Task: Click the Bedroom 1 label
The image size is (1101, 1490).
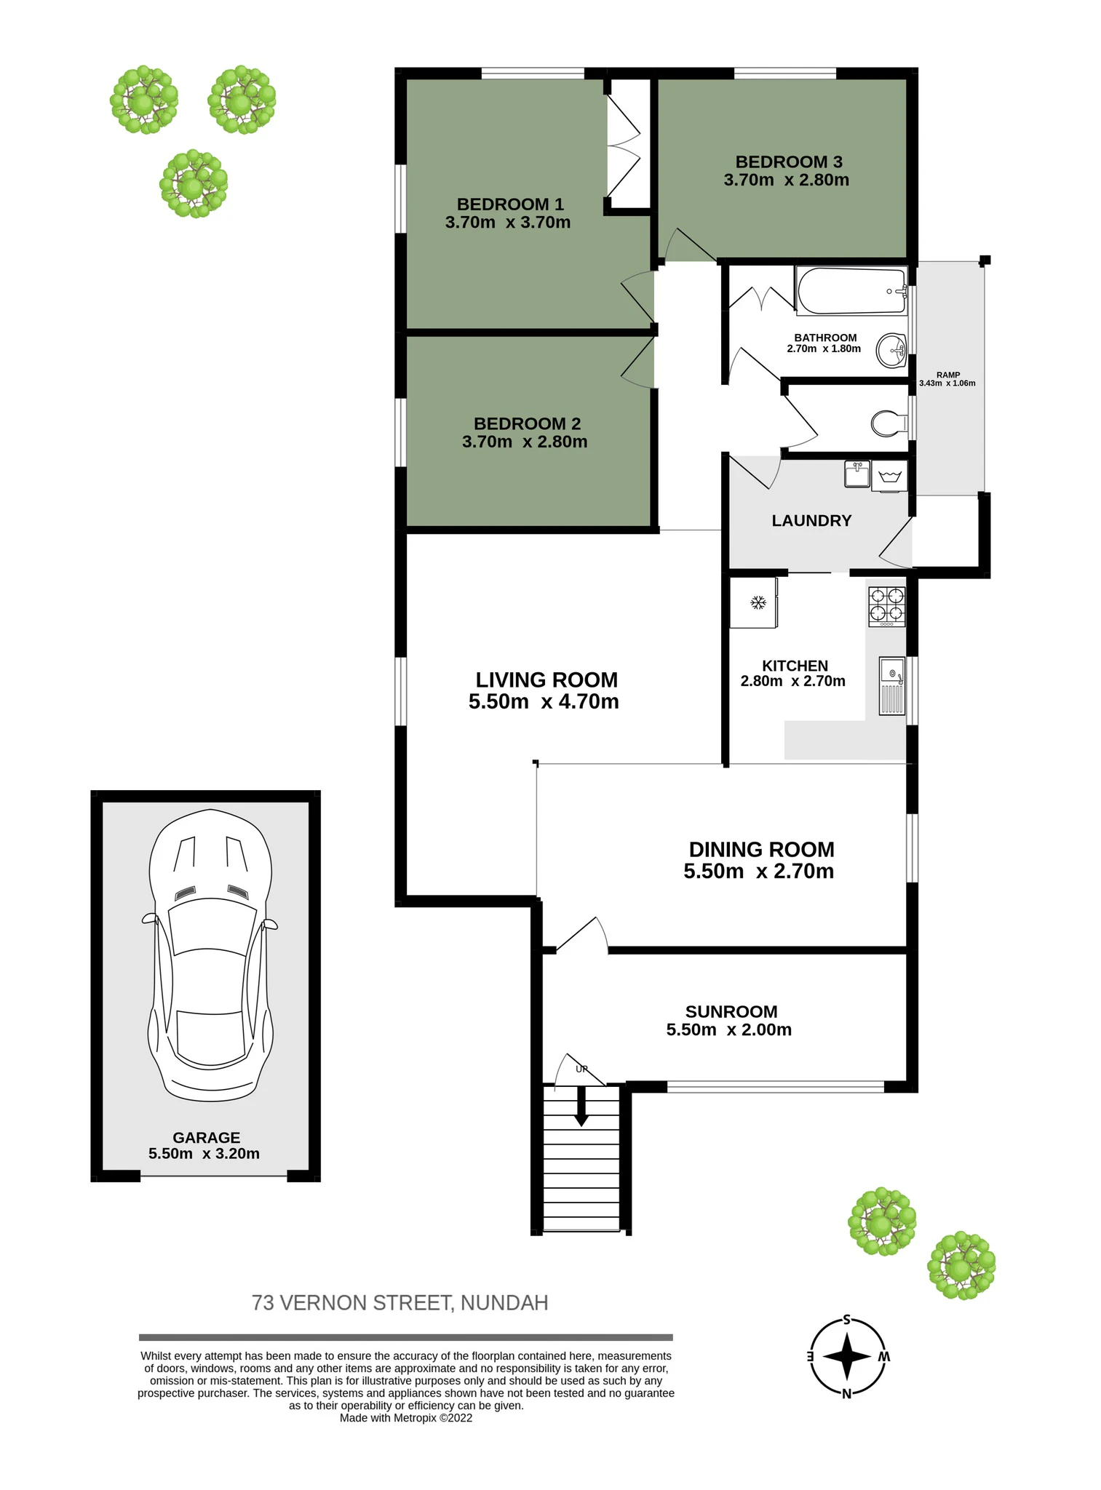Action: click(510, 204)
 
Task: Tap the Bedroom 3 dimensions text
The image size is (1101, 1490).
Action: click(786, 180)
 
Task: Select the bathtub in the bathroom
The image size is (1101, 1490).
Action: click(851, 291)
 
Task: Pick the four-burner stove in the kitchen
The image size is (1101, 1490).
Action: click(886, 606)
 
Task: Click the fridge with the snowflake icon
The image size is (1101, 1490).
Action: click(754, 602)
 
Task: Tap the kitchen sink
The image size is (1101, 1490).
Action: click(892, 685)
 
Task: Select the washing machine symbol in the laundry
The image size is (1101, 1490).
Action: click(890, 477)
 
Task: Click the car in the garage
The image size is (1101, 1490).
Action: click(210, 955)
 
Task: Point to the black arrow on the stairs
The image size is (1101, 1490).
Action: click(581, 1107)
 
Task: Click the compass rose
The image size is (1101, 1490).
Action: click(848, 1356)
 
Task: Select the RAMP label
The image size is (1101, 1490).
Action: click(947, 375)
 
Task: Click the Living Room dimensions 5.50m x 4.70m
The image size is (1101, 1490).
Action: click(544, 701)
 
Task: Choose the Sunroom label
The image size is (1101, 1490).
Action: click(731, 1011)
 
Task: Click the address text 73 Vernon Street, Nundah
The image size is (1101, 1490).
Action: click(400, 1302)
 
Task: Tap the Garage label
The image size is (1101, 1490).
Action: click(206, 1137)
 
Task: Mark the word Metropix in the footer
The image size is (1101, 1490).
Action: click(416, 1417)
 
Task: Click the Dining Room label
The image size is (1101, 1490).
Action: click(761, 849)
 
